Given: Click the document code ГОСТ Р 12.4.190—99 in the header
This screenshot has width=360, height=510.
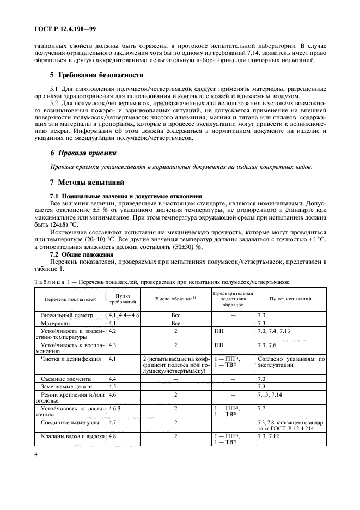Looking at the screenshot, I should click(65, 28).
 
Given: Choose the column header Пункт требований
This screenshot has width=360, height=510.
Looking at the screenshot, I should click(119, 299).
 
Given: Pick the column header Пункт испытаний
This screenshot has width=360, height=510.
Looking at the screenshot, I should click(291, 299).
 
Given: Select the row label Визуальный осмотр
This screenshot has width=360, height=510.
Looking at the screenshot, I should click(67, 315).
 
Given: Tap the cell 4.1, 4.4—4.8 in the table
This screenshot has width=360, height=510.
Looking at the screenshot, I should click(124, 315).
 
